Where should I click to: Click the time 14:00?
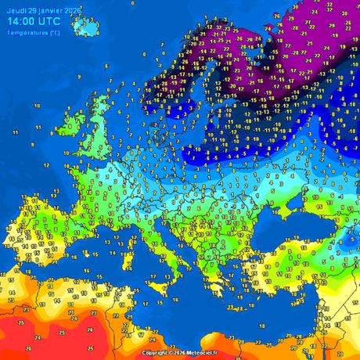pyautogui.click(x=23, y=22)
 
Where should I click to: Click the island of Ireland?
pyautogui.click(x=73, y=123)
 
